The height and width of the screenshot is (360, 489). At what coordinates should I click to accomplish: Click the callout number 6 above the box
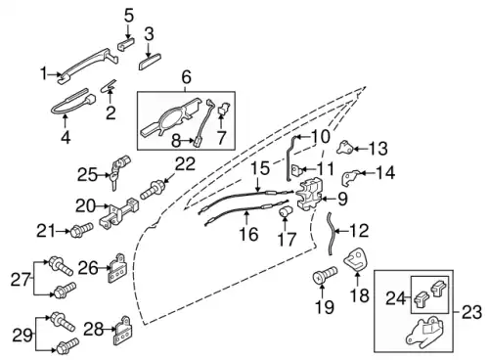coord(186,78)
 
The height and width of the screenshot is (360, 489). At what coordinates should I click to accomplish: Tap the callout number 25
coord(87,175)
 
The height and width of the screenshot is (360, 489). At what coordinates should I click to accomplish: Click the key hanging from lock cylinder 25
coord(113,182)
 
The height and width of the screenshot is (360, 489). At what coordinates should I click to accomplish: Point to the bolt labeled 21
coord(81,229)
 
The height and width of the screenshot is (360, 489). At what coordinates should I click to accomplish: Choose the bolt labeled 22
coord(154,191)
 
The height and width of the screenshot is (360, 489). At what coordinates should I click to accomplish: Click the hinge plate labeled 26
coord(117,268)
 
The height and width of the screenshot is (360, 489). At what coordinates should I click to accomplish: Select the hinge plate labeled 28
coord(122,331)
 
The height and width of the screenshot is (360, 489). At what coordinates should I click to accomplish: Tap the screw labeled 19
coord(325,276)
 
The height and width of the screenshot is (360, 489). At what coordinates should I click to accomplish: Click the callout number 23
coord(471,312)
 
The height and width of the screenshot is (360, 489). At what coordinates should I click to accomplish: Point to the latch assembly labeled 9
coord(309,195)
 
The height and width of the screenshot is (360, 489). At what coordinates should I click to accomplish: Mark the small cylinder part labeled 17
coord(286,211)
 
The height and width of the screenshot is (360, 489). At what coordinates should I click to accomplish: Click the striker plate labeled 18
coord(356,259)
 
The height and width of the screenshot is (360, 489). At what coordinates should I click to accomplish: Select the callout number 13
coord(378,149)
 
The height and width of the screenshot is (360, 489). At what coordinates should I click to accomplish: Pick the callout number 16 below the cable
coord(249,234)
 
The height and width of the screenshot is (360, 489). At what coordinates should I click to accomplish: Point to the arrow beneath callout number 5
coord(128,31)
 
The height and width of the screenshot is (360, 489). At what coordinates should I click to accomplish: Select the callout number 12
coord(359,231)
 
